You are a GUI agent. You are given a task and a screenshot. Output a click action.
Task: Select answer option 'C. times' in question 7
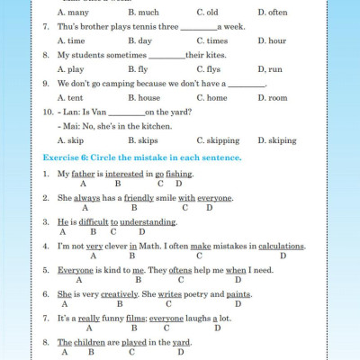[x=211, y=40]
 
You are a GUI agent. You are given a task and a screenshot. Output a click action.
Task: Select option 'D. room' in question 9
[x=272, y=97]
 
